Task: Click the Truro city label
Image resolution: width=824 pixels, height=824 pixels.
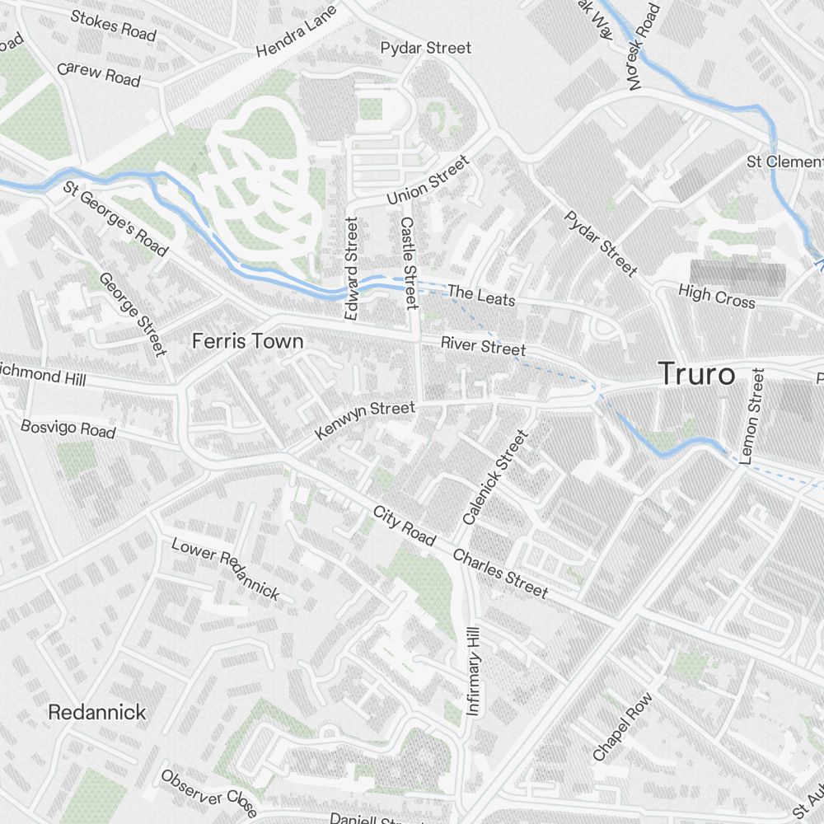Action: [696, 375]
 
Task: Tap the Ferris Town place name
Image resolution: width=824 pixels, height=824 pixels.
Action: [247, 341]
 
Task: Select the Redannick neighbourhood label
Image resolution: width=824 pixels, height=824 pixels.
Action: [96, 712]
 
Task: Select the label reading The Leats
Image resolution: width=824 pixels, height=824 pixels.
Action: [481, 295]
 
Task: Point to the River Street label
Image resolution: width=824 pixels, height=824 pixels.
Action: [483, 346]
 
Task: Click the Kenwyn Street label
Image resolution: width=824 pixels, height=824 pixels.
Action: [365, 419]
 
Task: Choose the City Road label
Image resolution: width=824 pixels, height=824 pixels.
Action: [404, 525]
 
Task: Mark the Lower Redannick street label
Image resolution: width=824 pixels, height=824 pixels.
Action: [225, 568]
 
